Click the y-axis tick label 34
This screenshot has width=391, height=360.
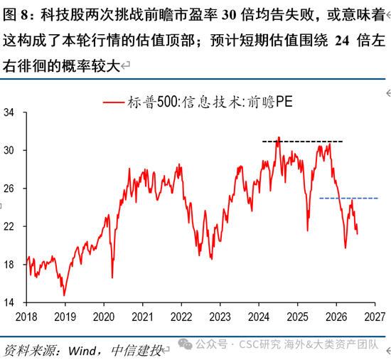tap(9, 112)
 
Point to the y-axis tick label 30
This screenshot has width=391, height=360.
tap(9, 150)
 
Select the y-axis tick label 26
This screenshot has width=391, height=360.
tap(9, 189)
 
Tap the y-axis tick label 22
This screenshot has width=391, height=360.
tap(9, 226)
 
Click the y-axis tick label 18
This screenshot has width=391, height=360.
tap(9, 265)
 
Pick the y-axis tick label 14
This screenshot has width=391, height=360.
tap(9, 302)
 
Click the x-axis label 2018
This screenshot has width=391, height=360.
tap(26, 317)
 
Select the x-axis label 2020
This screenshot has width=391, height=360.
tap(104, 317)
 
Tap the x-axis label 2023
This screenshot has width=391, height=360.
tap(220, 317)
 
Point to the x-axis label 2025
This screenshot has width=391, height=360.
tap(297, 317)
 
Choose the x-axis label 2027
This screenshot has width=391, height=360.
tap(375, 317)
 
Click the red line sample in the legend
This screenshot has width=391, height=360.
tap(114, 102)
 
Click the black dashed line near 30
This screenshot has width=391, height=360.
tap(302, 142)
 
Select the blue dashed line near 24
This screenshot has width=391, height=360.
tap(348, 198)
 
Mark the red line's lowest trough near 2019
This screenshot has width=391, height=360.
tap(64, 296)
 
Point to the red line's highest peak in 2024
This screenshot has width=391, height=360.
tap(279, 137)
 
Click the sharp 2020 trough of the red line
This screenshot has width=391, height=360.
tap(112, 277)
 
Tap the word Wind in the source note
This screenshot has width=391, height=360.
tap(82, 351)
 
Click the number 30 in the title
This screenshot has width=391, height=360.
tap(229, 15)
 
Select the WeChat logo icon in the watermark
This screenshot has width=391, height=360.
tap(185, 344)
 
